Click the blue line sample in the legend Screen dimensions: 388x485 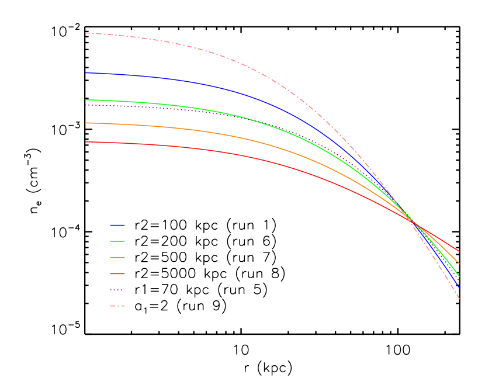117,225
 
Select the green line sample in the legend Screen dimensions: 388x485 117,241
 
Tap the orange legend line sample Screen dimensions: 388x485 117,257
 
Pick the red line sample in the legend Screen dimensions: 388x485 117,273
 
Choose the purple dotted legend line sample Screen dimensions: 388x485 117,290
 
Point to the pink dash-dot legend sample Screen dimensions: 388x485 117,306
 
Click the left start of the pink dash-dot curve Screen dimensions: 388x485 86,33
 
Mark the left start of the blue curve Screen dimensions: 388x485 86,73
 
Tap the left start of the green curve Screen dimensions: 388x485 86,100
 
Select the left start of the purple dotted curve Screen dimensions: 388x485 86,105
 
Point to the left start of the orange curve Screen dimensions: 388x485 86,123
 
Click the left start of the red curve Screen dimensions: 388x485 86,142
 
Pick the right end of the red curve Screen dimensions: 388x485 459,251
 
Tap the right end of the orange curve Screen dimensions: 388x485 459,264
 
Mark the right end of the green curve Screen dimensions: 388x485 459,276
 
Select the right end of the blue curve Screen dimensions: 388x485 459,288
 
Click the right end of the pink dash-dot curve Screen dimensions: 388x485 459,299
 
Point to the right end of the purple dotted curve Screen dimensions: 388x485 459,281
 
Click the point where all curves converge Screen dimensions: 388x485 411,220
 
